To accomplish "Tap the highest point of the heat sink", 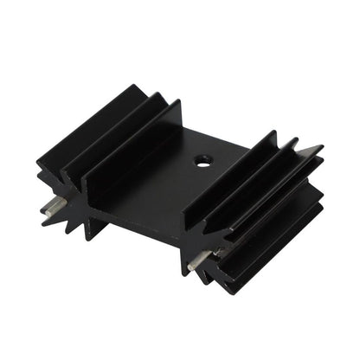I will tap(138, 84).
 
